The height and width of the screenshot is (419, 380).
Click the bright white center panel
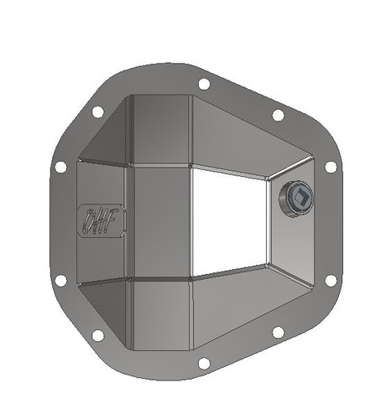tap(230, 221)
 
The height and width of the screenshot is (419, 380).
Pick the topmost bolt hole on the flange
tap(203, 84)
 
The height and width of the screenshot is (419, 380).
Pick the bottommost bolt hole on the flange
tap(203, 364)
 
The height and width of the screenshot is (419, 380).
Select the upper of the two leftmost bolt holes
tap(60, 168)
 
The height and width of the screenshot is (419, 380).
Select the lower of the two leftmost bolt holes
tap(60, 279)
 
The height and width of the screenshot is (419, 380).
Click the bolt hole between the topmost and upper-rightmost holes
tap(278, 115)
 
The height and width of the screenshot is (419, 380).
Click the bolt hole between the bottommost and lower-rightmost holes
tap(278, 333)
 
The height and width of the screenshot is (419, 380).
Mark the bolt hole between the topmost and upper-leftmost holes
tap(97, 111)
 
